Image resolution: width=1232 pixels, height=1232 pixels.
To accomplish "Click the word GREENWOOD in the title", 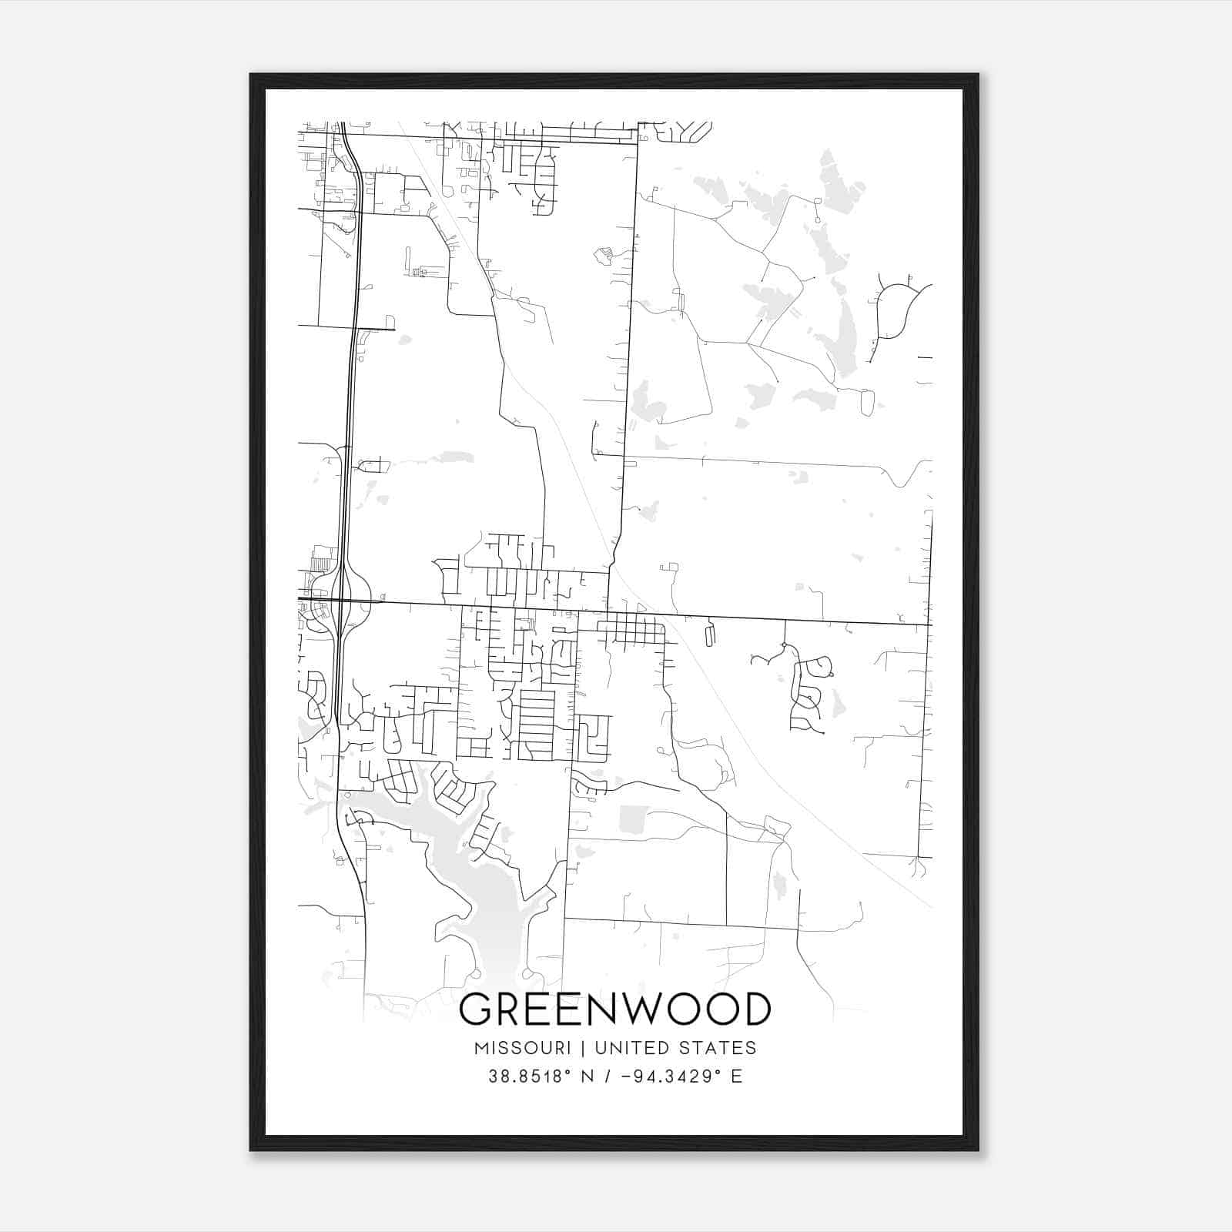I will coord(614,1009).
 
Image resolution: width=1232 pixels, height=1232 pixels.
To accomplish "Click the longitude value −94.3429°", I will coord(666,1076).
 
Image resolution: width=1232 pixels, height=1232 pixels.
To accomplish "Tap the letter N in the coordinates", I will coord(587,1076).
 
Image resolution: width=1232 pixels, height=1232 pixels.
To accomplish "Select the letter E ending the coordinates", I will coord(737,1076).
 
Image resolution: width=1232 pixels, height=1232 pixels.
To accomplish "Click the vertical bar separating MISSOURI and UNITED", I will coord(583,1048).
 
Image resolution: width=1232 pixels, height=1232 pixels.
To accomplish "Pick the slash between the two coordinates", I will coord(608,1076).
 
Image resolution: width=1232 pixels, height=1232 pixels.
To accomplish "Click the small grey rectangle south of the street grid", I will coord(634,819).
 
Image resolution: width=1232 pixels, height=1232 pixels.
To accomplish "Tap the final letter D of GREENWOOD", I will coord(754,1009).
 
